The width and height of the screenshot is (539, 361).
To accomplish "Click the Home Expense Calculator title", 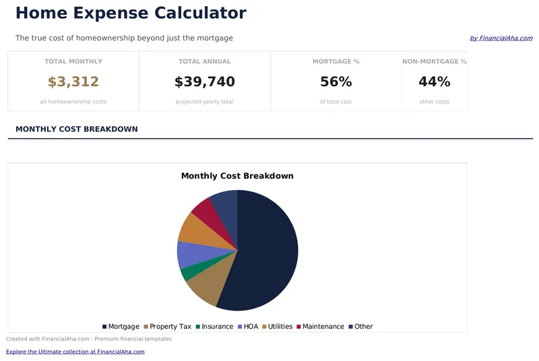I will pos(131,13).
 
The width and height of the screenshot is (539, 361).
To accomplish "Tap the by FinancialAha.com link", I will pos(501,38).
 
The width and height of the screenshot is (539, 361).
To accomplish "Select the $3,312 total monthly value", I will pos(73,82).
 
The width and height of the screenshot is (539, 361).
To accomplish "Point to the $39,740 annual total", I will pos(204,82).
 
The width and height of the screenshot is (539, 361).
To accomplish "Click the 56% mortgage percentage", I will pos(336,82).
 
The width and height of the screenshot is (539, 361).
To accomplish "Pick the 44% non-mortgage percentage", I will pos(434,82).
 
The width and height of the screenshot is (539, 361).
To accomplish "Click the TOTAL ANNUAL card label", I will pos(204,61).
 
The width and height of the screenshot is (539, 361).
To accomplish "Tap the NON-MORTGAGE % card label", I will pos(434,61).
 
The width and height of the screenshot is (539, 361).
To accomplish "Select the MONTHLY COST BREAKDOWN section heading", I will pos(76,129).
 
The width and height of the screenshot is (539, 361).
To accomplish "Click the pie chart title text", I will pos(237,176).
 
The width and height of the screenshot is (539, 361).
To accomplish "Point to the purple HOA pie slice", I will pos(187,254).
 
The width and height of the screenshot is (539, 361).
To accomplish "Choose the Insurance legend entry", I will pos(214,327).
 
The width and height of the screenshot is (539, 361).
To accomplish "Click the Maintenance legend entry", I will pos(320,327).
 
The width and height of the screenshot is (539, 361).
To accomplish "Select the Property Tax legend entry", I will pos(167,327).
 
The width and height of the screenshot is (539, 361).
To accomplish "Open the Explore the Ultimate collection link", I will pos(75,352).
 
